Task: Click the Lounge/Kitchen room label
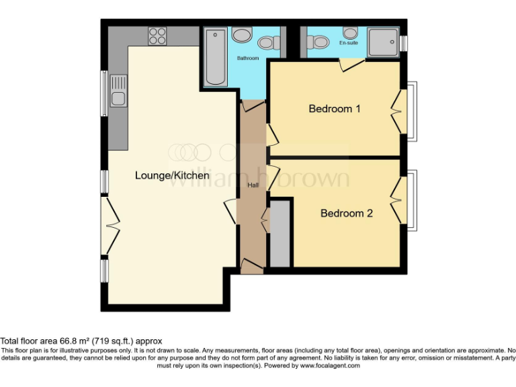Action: [172, 176]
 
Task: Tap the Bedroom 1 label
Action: [335, 108]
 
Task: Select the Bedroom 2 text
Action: [347, 214]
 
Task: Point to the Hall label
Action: [253, 185]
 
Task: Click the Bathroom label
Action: [247, 58]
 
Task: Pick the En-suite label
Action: [348, 42]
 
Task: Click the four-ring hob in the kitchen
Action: [157, 35]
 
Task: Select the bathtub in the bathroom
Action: [216, 56]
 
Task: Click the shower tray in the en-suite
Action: [385, 41]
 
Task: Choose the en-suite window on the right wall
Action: [404, 42]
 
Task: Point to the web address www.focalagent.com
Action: [329, 365]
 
